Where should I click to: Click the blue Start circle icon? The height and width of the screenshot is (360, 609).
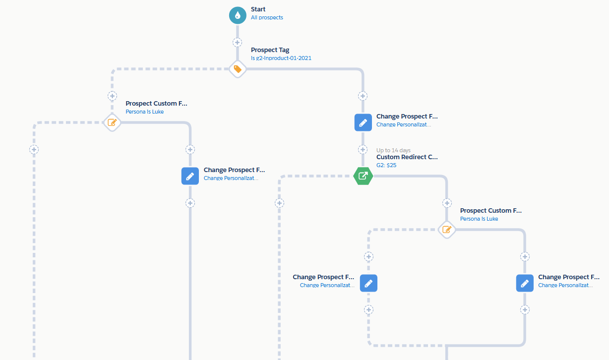[238, 15]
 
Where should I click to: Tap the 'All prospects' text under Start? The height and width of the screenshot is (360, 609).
[267, 17]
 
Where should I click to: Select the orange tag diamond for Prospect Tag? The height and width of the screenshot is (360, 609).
[238, 69]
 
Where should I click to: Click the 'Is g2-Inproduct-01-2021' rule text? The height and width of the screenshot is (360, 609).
[281, 58]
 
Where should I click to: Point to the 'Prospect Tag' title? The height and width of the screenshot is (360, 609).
[270, 50]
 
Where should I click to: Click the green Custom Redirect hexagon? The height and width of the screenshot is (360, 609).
[363, 176]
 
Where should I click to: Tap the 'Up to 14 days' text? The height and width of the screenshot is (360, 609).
[393, 150]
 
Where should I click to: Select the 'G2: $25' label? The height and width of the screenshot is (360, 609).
[386, 165]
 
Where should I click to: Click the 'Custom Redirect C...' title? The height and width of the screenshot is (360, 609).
[407, 157]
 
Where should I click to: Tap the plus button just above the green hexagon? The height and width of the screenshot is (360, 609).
[363, 149]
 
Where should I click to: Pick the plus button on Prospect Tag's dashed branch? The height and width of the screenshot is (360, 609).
[113, 96]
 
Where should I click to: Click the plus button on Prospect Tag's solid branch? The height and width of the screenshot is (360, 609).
[363, 96]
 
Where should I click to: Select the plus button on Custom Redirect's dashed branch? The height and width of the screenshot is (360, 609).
[280, 203]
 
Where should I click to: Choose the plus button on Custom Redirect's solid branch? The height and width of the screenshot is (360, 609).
[447, 203]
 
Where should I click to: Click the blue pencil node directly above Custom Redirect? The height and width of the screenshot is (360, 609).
[363, 122]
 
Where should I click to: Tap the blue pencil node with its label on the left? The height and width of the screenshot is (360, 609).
[368, 283]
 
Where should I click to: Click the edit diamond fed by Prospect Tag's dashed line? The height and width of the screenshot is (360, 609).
[113, 122]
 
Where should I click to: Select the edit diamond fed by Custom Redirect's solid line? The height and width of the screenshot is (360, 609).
[447, 230]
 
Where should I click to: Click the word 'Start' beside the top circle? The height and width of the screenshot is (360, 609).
[258, 9]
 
